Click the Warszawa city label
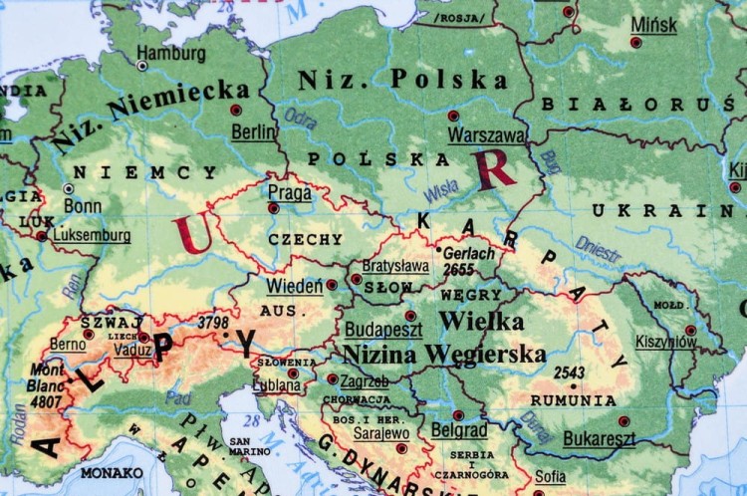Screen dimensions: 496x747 tap(486, 134)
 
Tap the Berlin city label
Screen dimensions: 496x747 tap(253, 130)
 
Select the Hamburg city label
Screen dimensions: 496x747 tap(170, 53)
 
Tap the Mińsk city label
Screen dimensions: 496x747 tap(653, 25)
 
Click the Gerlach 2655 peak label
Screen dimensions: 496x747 tap(468, 261)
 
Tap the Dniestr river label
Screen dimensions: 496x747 tap(598, 248)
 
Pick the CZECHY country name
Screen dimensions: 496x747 tap(305, 240)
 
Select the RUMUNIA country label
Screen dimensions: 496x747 tap(573, 400)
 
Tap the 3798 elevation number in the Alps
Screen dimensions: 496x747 tap(213, 323)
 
